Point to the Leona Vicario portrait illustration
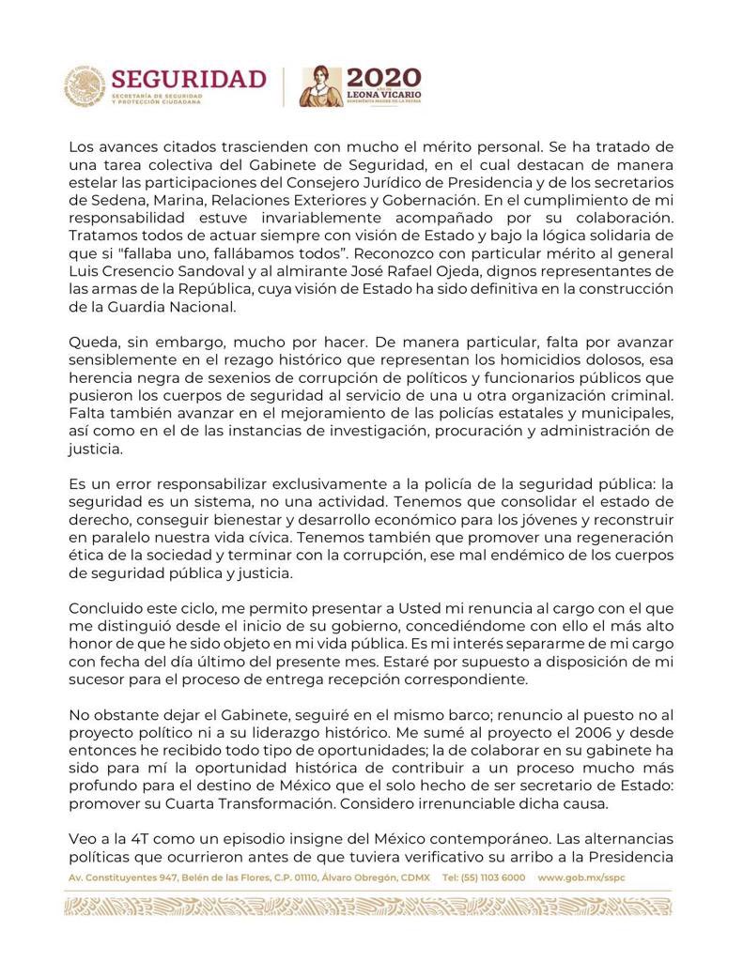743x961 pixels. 318,86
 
